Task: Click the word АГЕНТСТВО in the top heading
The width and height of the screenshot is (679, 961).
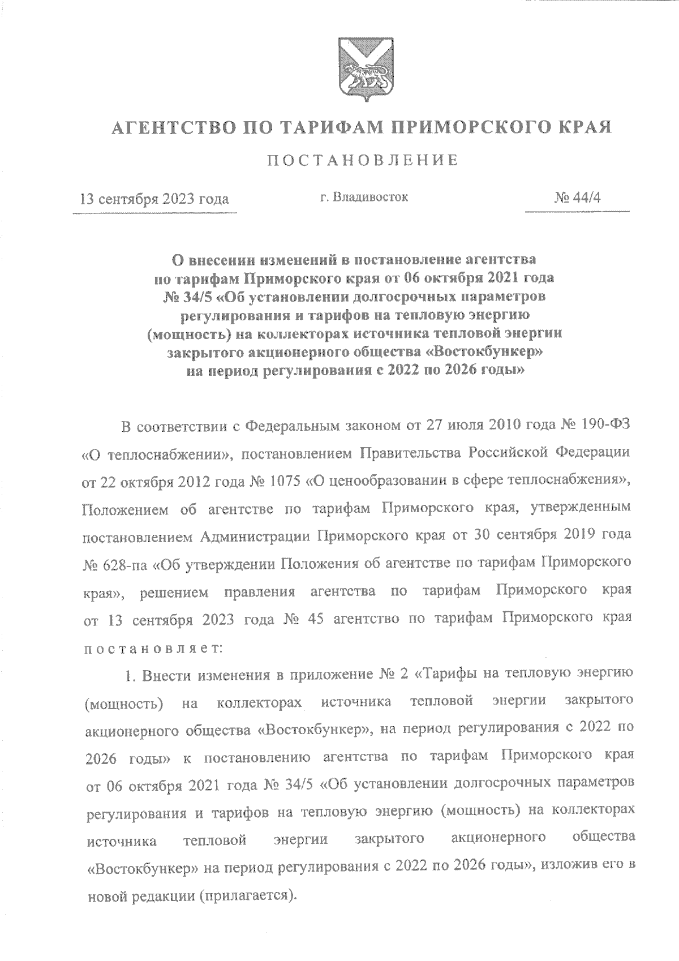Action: pyautogui.click(x=173, y=127)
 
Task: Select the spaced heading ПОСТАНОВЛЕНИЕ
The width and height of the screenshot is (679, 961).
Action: pyautogui.click(x=362, y=160)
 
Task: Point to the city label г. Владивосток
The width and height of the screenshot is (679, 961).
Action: pyautogui.click(x=364, y=198)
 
